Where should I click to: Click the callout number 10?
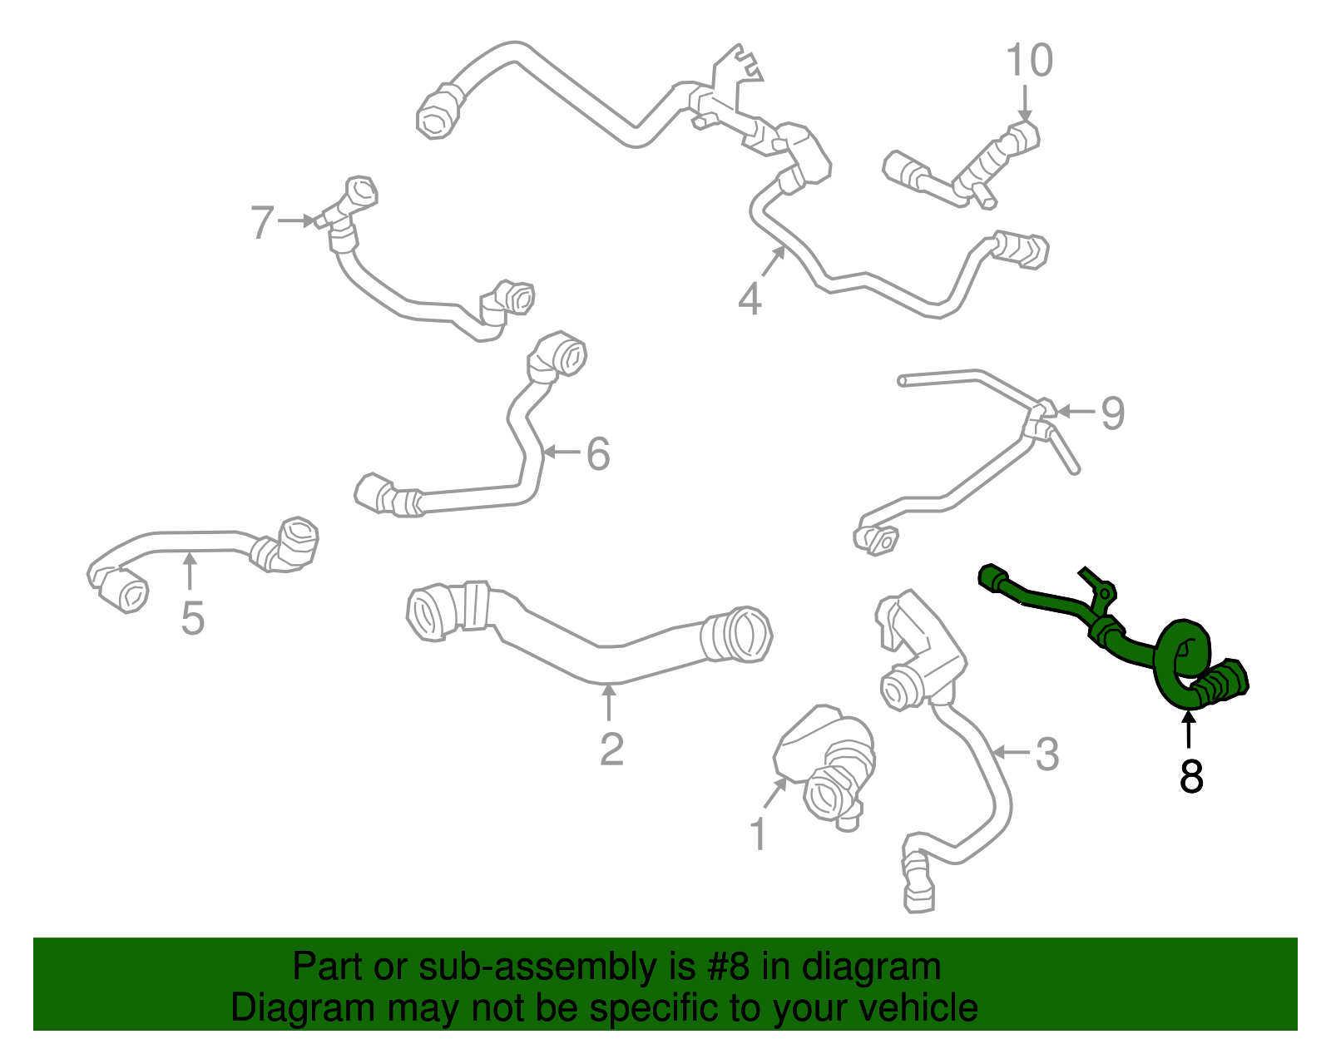1029,60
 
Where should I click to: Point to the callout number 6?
598,453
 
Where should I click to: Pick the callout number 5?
192,618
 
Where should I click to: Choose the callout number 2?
611,748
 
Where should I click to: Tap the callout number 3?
1046,754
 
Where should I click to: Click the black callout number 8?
1190,777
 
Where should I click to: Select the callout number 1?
759,834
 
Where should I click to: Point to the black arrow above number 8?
1188,730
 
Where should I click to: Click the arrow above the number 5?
190,571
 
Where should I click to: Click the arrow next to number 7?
296,220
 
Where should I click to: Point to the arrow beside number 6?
561,453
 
